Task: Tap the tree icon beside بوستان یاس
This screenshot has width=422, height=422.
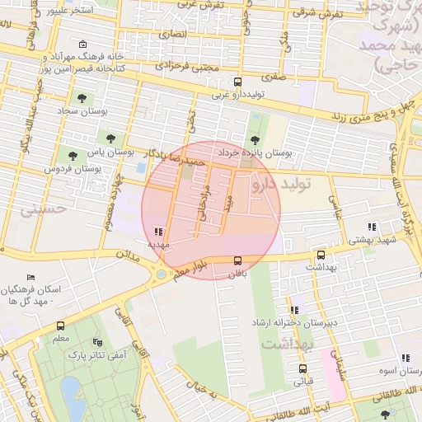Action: pyautogui.click(x=110, y=137)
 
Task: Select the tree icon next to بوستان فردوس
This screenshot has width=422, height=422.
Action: pyautogui.click(x=73, y=154)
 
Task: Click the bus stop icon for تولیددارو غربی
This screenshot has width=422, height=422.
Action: pyautogui.click(x=237, y=82)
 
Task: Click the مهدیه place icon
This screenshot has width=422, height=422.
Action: pyautogui.click(x=158, y=232)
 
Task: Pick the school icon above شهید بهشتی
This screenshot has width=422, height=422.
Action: pyautogui.click(x=372, y=227)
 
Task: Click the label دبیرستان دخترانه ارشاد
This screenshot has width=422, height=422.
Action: pyautogui.click(x=296, y=322)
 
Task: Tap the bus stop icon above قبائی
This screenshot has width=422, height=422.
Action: pyautogui.click(x=302, y=368)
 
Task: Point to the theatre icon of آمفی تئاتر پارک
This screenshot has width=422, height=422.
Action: pyautogui.click(x=98, y=341)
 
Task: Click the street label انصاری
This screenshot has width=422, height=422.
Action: pyautogui.click(x=174, y=35)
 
